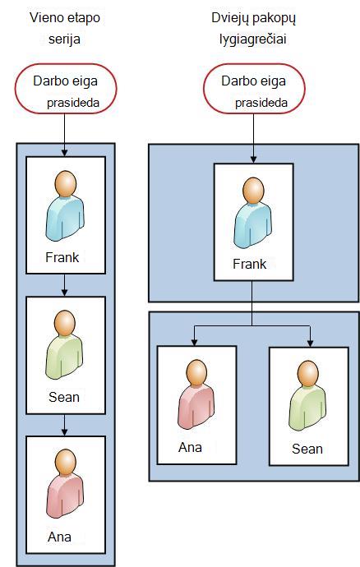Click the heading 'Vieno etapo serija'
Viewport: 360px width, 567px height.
click(65, 28)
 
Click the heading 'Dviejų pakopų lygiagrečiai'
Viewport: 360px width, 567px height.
click(253, 28)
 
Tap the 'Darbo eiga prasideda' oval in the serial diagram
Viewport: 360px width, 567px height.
click(66, 89)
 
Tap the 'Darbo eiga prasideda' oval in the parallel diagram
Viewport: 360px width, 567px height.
click(254, 89)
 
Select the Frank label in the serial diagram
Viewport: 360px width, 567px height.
click(62, 257)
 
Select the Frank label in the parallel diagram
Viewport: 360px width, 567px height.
click(250, 264)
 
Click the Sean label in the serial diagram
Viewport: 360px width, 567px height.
click(64, 397)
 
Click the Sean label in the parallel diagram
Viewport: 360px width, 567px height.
click(307, 449)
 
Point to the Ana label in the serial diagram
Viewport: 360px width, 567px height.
click(59, 537)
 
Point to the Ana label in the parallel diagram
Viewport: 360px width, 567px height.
click(190, 447)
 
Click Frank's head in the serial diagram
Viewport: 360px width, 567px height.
click(66, 184)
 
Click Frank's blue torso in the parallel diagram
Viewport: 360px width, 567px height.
click(253, 225)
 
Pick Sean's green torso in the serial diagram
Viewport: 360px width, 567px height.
click(64, 357)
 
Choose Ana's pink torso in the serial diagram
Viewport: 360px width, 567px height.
click(65, 496)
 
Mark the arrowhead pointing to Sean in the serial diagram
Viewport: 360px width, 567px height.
click(64, 293)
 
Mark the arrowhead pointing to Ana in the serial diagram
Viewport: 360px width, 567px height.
click(64, 431)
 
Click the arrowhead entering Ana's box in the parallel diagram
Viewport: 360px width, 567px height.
click(194, 342)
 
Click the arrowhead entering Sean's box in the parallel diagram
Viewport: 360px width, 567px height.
click(310, 343)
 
